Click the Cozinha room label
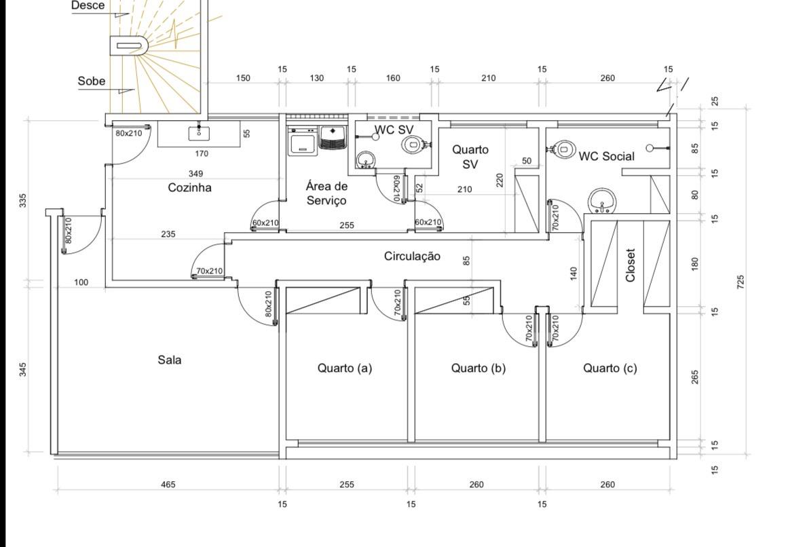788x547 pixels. pos(189,188)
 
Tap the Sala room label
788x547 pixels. pos(170,360)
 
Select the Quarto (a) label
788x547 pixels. pos(345,369)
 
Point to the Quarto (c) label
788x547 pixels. pos(610,369)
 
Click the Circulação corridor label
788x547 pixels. pos(412,256)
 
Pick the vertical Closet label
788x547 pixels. pos(631,265)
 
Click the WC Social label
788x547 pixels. pos(606,156)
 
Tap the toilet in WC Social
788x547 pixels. pos(561,149)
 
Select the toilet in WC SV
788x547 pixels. pos(413,144)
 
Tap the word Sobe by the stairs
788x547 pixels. pos(92,81)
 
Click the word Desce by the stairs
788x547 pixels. pos(88,5)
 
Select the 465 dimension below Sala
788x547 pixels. pos(168,485)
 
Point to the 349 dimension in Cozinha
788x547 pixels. pos(196,174)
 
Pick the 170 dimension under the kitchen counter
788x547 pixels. pos(202,153)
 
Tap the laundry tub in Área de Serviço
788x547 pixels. pos(333,138)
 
